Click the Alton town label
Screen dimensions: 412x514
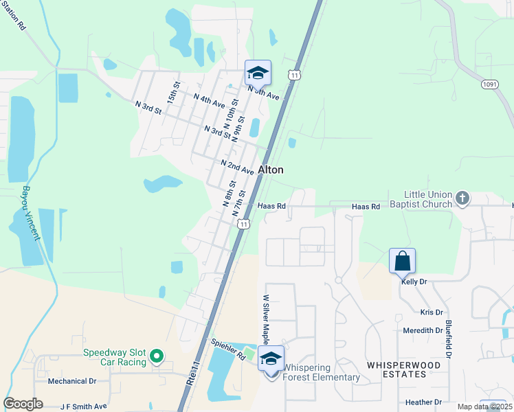(x=271, y=170)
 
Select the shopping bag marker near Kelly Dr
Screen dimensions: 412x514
(x=402, y=262)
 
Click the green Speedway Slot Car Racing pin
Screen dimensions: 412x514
(x=157, y=356)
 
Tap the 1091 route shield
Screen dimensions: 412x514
(x=489, y=84)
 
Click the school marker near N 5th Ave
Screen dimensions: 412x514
(x=258, y=73)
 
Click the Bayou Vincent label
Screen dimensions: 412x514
(x=30, y=212)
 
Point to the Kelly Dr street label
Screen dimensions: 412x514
(x=414, y=282)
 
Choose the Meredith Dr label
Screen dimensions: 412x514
(x=423, y=330)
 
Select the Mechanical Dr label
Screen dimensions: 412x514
(x=72, y=380)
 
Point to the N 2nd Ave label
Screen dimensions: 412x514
(x=237, y=167)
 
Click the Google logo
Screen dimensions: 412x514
(x=23, y=404)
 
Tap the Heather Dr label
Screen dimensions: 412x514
(x=423, y=402)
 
